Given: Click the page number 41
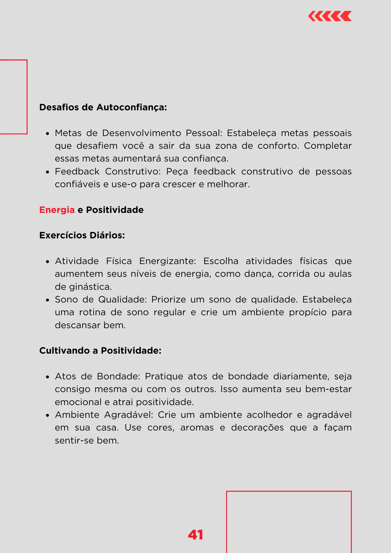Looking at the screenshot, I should [195, 535].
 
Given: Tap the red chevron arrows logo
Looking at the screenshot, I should [330, 16].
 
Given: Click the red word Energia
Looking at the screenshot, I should [57, 210].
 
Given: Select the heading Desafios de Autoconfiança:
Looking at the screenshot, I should [103, 107].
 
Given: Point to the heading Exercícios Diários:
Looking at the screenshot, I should [82, 235].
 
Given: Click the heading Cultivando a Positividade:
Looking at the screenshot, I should [100, 351].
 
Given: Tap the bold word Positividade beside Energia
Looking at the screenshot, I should [115, 210].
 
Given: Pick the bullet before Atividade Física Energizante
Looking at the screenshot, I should [48, 262].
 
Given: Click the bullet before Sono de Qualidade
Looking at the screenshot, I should [48, 300].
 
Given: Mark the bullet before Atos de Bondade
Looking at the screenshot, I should [48, 377].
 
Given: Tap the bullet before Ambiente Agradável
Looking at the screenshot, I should [48, 415].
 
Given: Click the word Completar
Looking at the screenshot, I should [328, 146].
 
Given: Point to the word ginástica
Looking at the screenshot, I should [90, 287].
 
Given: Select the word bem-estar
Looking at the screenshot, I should [328, 389].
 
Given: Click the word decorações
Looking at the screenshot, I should [257, 427].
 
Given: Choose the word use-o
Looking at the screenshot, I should [124, 184].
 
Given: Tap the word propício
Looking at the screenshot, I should [307, 312].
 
